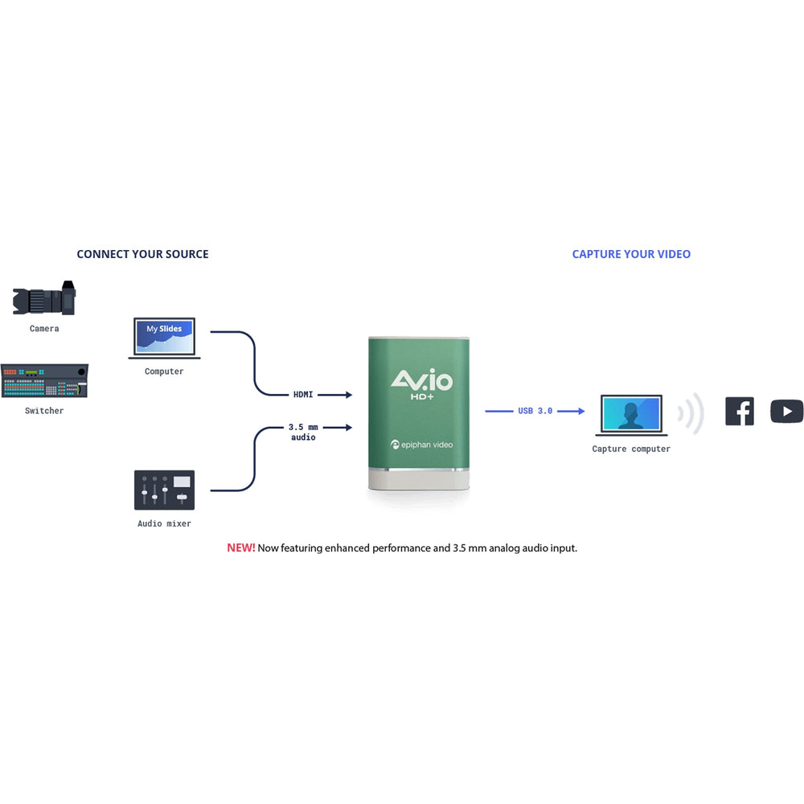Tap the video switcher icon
(x=44, y=381)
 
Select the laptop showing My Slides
(x=165, y=338)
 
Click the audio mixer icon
(x=164, y=490)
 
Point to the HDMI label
(x=303, y=395)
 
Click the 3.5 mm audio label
(x=303, y=433)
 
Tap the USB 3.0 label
(x=535, y=411)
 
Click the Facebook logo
(x=740, y=411)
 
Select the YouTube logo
(x=786, y=411)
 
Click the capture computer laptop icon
(x=631, y=416)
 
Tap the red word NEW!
(x=240, y=548)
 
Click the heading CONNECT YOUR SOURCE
(x=142, y=254)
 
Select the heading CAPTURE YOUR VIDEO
(x=631, y=254)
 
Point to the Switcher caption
(x=44, y=411)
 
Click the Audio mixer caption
(x=164, y=524)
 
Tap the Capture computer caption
(x=631, y=449)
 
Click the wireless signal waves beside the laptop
(x=691, y=413)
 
